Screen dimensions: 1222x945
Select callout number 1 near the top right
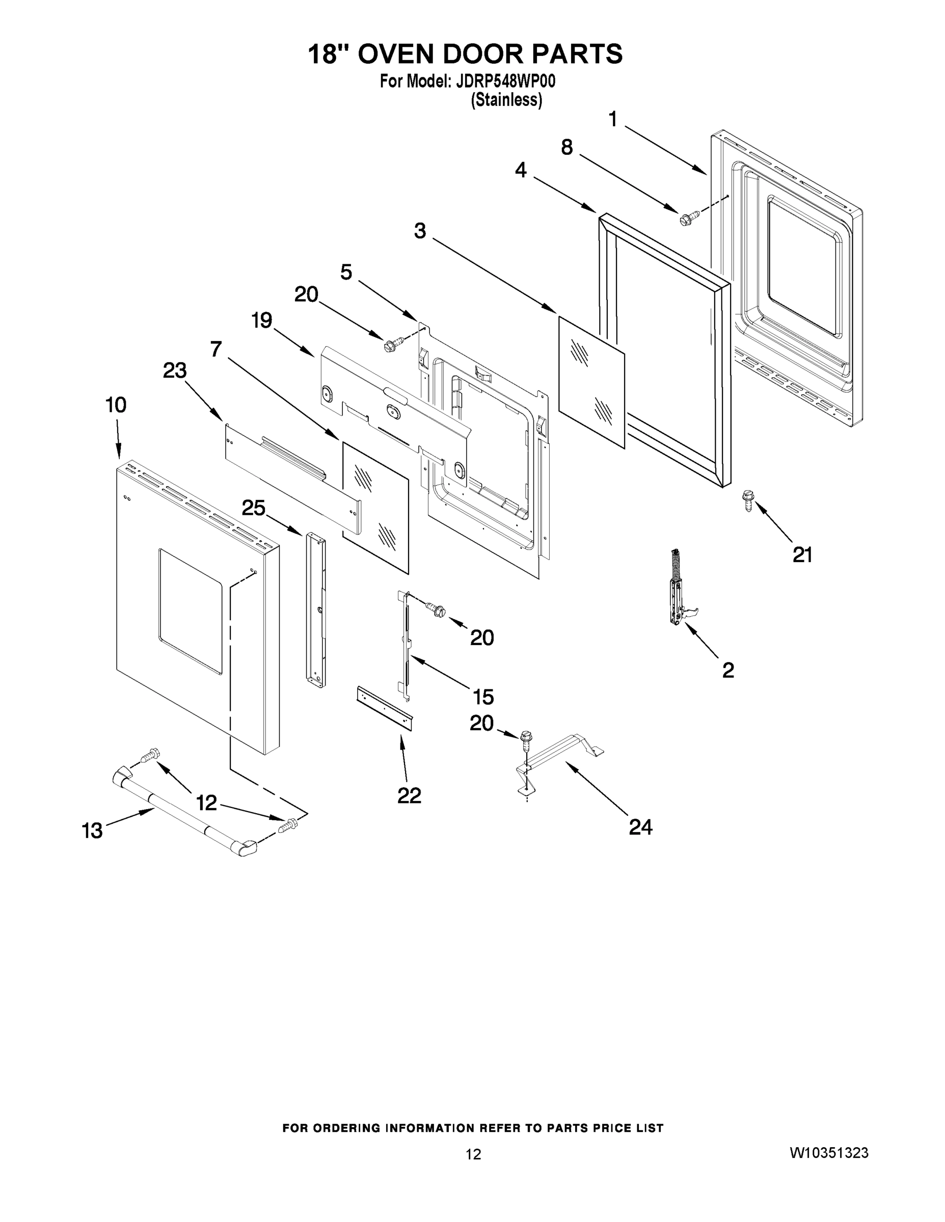click(x=613, y=119)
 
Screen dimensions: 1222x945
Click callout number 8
click(x=567, y=148)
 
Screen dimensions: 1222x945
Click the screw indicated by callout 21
click(x=747, y=500)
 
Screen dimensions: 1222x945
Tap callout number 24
click(x=640, y=827)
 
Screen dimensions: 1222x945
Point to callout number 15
click(x=483, y=697)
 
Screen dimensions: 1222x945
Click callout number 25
click(x=253, y=508)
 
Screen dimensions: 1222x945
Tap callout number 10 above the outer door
click(x=116, y=405)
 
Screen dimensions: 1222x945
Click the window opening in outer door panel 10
click(x=191, y=610)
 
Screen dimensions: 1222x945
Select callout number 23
click(x=175, y=370)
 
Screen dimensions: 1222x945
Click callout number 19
click(x=261, y=321)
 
